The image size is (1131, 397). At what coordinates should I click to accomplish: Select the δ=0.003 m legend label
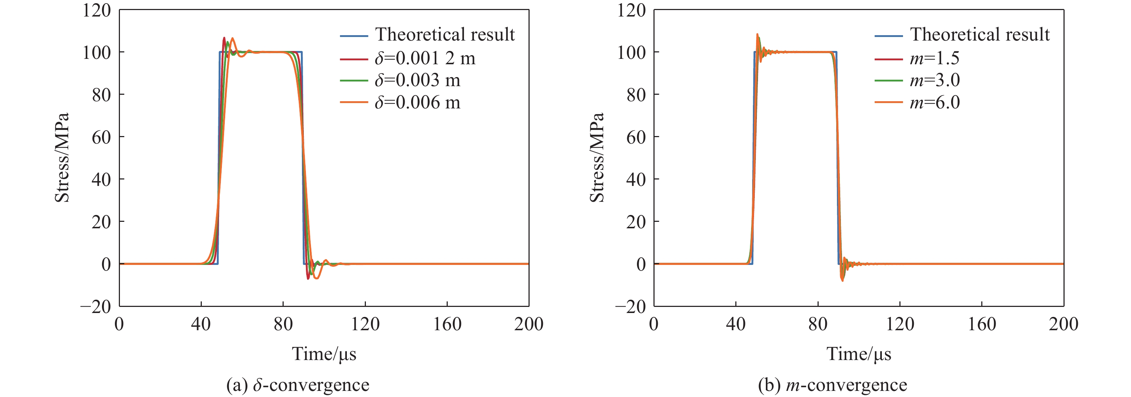click(417, 80)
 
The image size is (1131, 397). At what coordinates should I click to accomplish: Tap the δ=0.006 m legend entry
click(417, 103)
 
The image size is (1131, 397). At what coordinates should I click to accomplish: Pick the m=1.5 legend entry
click(934, 58)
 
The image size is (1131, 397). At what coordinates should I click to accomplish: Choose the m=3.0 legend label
click(934, 80)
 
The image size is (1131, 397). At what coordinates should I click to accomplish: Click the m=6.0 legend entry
click(934, 103)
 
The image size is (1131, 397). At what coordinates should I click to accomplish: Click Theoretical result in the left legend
click(445, 34)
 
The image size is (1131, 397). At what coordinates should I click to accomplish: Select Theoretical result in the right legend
click(979, 34)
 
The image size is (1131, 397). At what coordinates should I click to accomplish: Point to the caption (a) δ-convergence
click(298, 385)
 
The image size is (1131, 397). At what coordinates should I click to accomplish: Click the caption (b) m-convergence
click(832, 385)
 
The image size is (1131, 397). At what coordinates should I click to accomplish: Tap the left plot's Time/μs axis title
click(324, 354)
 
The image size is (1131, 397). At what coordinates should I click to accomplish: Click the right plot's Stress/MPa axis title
click(597, 157)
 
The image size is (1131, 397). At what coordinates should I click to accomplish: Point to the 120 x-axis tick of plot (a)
click(365, 324)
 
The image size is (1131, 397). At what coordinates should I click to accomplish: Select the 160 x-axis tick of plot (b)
click(982, 324)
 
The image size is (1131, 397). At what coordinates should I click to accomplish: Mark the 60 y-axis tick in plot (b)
click(636, 137)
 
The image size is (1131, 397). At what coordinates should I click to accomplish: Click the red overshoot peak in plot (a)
click(224, 38)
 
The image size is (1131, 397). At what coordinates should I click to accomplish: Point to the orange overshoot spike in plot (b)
click(757, 35)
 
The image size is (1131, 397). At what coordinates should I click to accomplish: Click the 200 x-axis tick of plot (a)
click(529, 324)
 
